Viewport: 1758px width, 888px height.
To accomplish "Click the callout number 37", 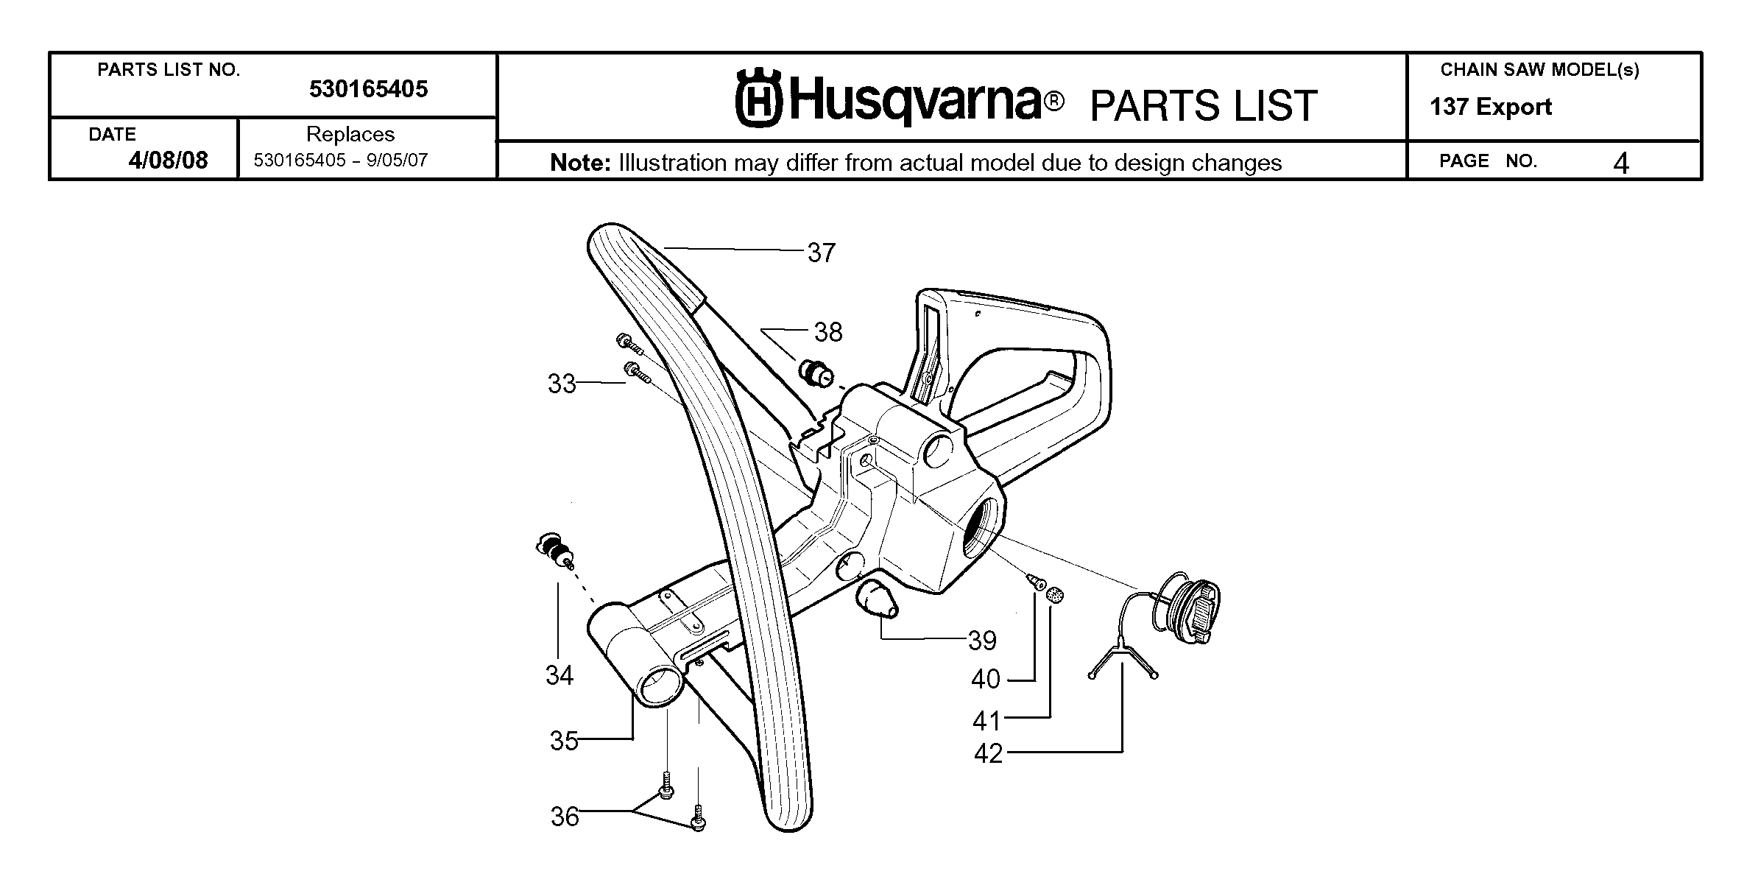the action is [822, 253].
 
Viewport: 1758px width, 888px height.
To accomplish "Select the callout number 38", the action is [828, 332].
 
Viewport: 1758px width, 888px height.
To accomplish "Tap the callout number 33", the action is [562, 384].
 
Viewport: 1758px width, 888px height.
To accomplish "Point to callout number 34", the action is [559, 675].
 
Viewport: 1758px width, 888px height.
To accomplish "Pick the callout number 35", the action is [565, 740].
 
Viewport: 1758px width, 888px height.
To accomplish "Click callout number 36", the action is [565, 817].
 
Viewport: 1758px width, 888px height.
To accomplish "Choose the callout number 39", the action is [982, 641].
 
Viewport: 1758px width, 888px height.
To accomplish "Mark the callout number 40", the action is [986, 679].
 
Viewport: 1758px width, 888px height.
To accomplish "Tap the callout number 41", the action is [987, 720].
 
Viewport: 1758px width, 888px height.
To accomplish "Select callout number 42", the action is [989, 753].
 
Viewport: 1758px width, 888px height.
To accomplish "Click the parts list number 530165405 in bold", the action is [368, 89].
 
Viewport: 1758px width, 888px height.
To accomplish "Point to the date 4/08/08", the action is [168, 160].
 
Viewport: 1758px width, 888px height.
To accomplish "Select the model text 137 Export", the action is [1491, 108].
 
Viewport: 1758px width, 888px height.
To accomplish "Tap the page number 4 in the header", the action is [1621, 163].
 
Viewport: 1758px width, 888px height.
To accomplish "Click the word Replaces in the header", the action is [350, 134].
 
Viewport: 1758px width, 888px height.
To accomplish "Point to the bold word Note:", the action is [581, 163].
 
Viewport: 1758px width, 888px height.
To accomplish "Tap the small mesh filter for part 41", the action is [1056, 595].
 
